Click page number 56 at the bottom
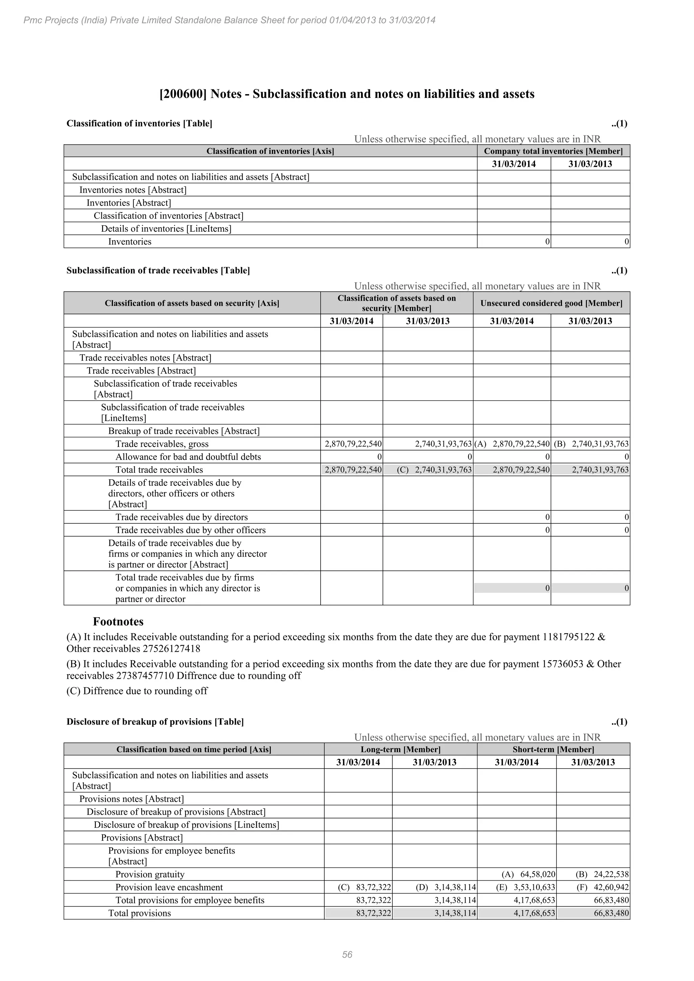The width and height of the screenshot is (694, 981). click(347, 955)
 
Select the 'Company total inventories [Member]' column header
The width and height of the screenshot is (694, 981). click(553, 151)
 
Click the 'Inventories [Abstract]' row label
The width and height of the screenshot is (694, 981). click(129, 203)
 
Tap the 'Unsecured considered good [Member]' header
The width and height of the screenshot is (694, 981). click(551, 303)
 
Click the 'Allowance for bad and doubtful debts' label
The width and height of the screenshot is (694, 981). click(188, 457)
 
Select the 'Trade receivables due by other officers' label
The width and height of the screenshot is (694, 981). click(190, 530)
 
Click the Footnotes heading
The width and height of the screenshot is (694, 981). click(118, 622)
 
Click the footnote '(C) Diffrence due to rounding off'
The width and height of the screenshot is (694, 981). click(137, 691)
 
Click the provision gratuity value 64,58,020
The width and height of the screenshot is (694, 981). click(537, 875)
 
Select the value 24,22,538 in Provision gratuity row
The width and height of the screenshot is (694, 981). click(611, 875)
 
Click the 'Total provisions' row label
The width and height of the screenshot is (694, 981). click(139, 913)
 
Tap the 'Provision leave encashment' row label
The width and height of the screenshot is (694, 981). click(169, 888)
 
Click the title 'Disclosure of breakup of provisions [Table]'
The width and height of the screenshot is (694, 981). click(155, 722)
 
